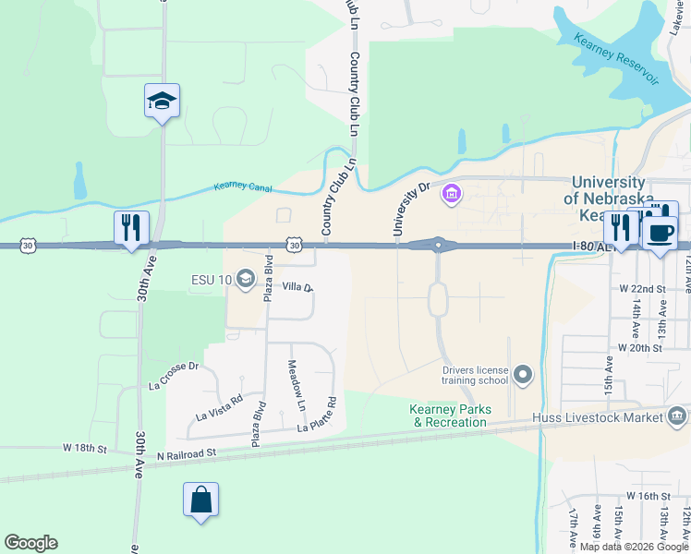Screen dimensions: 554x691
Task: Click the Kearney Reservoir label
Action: [x=616, y=58]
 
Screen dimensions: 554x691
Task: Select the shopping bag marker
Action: [x=201, y=501]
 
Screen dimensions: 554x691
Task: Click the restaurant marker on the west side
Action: [x=131, y=228]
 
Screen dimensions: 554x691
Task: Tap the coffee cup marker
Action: [x=660, y=231]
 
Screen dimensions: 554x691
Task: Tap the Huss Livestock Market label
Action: [x=598, y=417]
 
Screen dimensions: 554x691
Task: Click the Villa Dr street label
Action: [x=298, y=288]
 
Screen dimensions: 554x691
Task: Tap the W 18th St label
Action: [x=85, y=448]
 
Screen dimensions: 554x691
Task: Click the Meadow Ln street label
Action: [x=295, y=386]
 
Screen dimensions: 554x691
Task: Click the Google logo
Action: [x=30, y=543]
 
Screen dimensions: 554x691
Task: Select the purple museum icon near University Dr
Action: [x=452, y=195]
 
